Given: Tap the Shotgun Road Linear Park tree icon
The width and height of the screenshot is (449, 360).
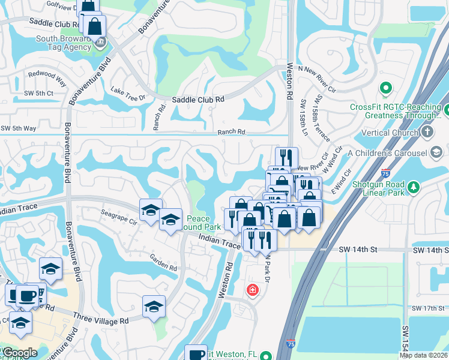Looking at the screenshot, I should [x=413, y=187].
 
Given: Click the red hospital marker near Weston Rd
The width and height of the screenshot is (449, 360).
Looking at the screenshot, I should [x=253, y=290].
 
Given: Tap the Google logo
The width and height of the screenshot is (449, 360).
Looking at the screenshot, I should [x=20, y=353].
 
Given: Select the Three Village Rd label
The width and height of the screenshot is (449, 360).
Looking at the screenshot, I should [x=101, y=320].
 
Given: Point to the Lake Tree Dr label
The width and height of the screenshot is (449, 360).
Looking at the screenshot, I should [x=128, y=93].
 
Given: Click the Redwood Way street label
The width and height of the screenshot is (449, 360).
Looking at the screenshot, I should [x=46, y=77].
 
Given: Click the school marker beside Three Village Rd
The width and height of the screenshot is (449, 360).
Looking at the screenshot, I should [x=154, y=306].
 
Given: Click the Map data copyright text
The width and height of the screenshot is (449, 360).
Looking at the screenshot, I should [x=424, y=355].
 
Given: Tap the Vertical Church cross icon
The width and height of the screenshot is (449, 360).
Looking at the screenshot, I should [x=427, y=131].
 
